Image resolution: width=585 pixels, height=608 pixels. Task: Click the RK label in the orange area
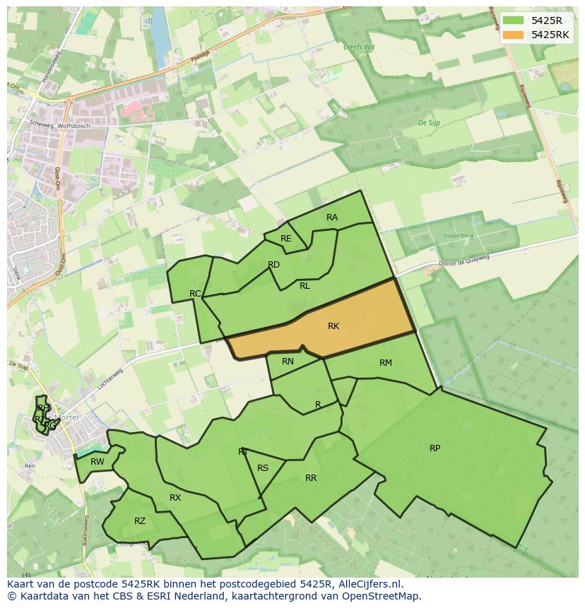tap(333, 326)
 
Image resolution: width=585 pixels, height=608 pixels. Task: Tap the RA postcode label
tap(332, 217)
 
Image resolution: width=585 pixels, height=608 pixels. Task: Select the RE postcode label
tap(285, 239)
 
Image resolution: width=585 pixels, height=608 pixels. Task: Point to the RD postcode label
tap(274, 265)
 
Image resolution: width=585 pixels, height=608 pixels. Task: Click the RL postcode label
tap(305, 286)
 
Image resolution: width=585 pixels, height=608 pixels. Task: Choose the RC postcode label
tap(196, 293)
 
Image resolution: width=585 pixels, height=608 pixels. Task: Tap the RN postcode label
tap(288, 362)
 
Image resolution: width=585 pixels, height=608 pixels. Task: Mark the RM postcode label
tap(385, 363)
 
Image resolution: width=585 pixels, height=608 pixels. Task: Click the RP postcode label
tap(435, 448)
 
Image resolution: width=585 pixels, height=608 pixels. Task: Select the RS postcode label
tap(263, 468)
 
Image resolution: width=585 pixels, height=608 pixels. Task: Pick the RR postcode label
tap(311, 478)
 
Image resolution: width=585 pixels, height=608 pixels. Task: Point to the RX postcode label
tap(175, 498)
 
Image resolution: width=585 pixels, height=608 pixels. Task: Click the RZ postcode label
tap(140, 521)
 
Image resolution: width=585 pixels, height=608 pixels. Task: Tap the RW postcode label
tap(97, 462)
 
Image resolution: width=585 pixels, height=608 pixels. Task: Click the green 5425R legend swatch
tap(514, 20)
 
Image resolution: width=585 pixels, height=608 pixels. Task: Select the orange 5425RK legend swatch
tap(514, 35)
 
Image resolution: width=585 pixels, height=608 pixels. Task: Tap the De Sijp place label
tap(429, 123)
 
